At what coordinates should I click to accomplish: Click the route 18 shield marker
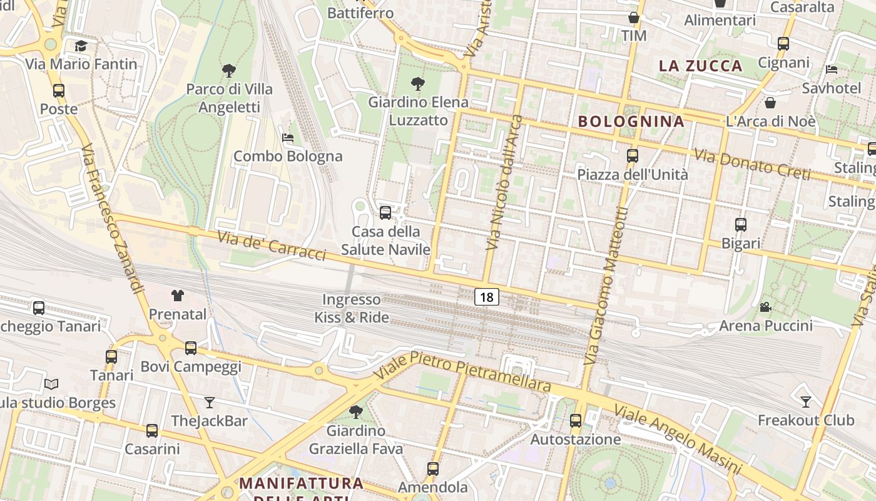pos(486,297)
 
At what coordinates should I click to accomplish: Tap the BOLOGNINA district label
pos(631,121)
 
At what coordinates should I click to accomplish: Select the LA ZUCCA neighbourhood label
pos(701,66)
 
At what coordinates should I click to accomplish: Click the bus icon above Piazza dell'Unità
pos(633,156)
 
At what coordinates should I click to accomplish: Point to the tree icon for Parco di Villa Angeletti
pos(229,71)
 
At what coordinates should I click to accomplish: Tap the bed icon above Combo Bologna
pos(288,138)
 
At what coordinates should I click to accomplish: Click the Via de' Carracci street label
pos(272,245)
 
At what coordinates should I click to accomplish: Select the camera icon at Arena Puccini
pos(765,307)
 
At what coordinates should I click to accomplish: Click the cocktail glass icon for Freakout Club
pos(806,401)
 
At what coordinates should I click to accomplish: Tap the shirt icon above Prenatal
pos(178,296)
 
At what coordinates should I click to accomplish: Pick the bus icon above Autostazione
pos(576,421)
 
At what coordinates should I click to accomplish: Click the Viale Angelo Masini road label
pos(677,440)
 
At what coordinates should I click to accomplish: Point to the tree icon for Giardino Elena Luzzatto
pos(417,83)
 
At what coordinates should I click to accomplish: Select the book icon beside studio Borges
pos(51,384)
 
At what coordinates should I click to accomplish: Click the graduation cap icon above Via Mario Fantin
pos(81,46)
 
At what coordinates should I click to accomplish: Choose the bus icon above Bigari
pos(741,224)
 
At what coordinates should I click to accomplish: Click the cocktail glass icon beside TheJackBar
pos(209,403)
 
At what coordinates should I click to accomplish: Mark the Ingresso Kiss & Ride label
pos(351,309)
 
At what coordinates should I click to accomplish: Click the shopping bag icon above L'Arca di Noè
pos(771,103)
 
